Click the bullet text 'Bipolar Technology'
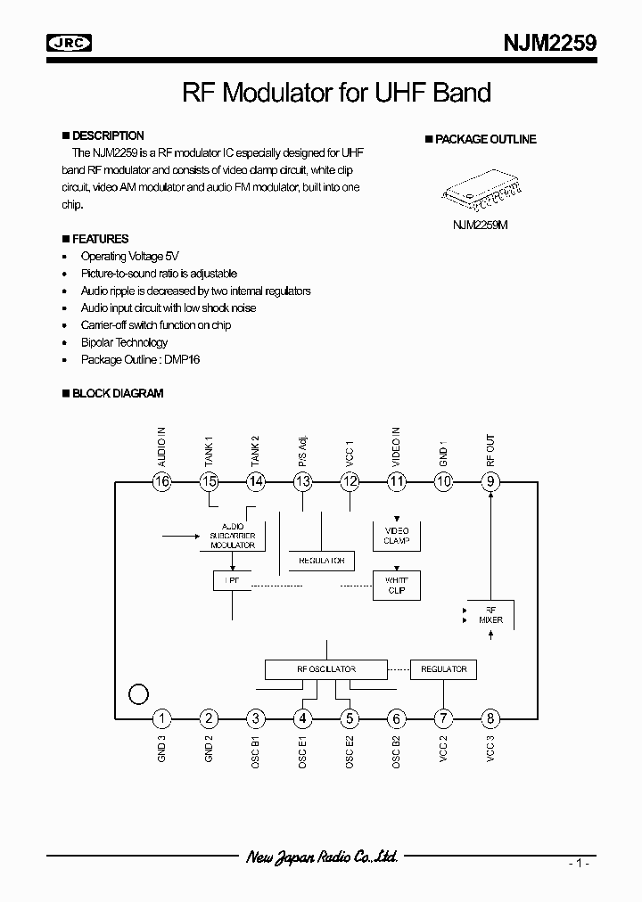124,342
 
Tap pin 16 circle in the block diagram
161,482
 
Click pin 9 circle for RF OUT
490,482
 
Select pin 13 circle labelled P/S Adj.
303,482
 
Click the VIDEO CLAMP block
396,536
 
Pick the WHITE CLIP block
396,585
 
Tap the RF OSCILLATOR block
326,669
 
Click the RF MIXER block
490,614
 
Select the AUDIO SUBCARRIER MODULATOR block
233,536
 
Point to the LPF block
232,580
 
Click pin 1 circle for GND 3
161,718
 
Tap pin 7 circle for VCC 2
443,718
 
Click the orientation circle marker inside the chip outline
138,693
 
